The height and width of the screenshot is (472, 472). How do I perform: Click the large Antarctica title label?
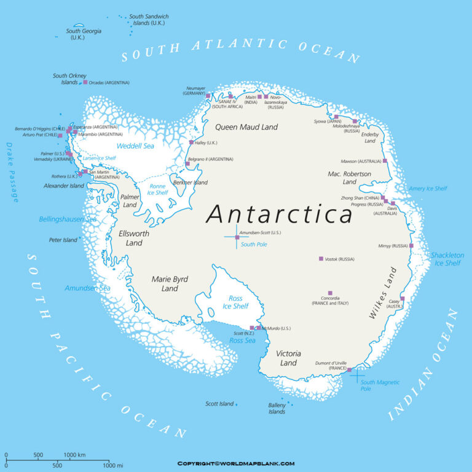pyautogui.click(x=280, y=214)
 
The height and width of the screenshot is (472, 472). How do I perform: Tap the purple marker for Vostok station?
pyautogui.click(x=321, y=259)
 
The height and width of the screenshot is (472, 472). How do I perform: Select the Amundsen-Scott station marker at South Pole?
pyautogui.click(x=237, y=237)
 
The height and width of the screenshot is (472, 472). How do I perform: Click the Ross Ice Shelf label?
pyautogui.click(x=235, y=302)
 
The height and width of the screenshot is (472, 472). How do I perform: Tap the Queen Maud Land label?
pyautogui.click(x=246, y=127)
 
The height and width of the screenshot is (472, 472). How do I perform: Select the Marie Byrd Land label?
pyautogui.click(x=170, y=283)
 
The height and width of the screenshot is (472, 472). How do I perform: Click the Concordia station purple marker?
pyautogui.click(x=330, y=293)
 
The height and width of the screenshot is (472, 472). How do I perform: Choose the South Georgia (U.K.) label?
pyautogui.click(x=84, y=34)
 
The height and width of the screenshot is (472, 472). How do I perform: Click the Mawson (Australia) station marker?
pyautogui.click(x=385, y=161)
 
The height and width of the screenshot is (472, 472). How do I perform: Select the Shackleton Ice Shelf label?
pyautogui.click(x=446, y=259)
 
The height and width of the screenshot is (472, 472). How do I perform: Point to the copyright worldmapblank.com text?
pyautogui.click(x=236, y=463)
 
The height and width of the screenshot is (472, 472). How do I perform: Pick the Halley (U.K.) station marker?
pyautogui.click(x=191, y=143)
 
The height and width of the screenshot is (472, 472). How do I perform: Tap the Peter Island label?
pyautogui.click(x=63, y=240)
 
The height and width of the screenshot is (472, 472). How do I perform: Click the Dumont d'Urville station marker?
pyautogui.click(x=349, y=370)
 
